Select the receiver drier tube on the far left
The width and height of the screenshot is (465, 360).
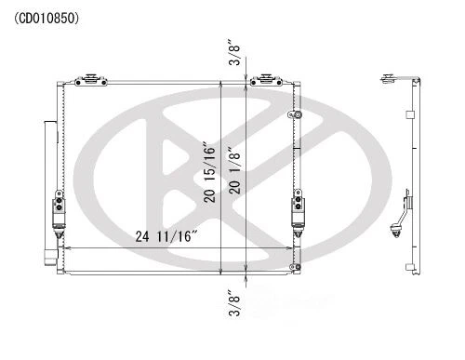(45, 177)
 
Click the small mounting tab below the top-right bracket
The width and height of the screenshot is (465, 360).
(298, 114)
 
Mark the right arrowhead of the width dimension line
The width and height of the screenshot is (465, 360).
(296, 248)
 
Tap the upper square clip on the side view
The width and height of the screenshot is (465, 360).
(409, 114)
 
